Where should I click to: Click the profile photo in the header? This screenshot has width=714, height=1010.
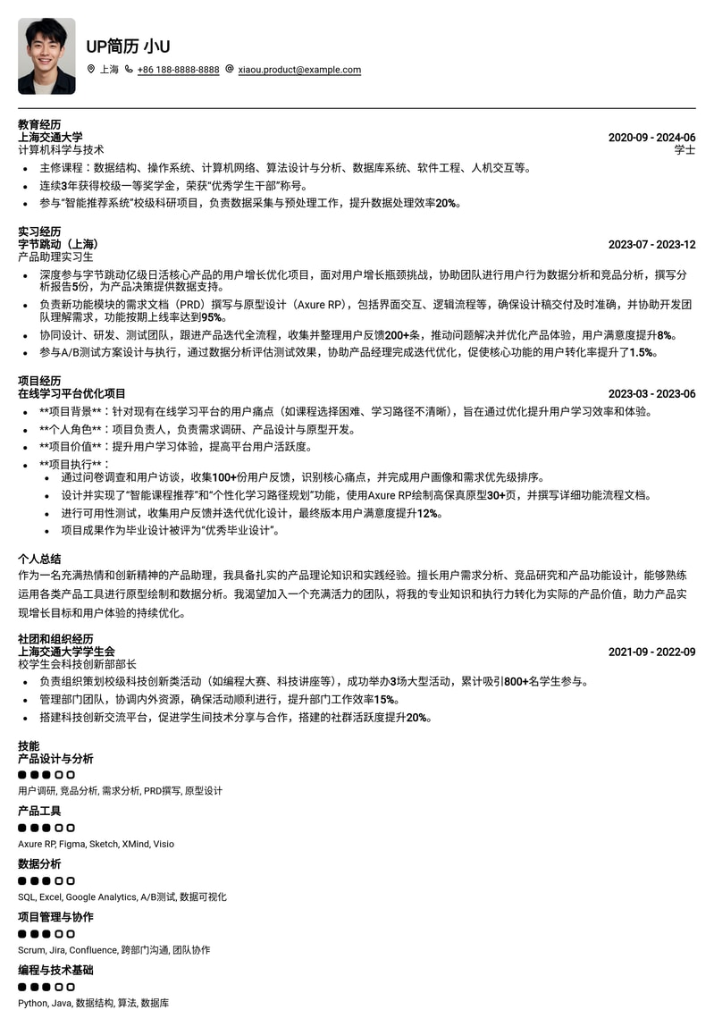(x=46, y=56)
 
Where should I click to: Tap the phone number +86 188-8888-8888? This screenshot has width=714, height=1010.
(x=178, y=70)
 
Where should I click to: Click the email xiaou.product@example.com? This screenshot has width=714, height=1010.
(x=299, y=70)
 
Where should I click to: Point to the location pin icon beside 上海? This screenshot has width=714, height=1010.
(x=91, y=70)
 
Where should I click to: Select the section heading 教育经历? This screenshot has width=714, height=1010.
(x=39, y=124)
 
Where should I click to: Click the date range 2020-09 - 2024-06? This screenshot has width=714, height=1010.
(x=651, y=138)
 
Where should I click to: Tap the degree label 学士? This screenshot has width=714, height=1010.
(x=685, y=150)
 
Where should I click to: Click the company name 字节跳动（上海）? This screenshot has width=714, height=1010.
(x=61, y=244)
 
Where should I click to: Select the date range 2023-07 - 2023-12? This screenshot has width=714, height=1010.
(x=651, y=245)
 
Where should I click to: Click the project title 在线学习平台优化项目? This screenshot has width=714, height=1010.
(x=71, y=393)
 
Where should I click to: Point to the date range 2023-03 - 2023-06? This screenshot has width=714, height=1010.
(x=651, y=394)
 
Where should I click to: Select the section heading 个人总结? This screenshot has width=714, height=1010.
(x=39, y=558)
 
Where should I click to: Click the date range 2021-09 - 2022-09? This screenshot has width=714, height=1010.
(x=651, y=652)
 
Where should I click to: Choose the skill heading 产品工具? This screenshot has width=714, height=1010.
(x=39, y=811)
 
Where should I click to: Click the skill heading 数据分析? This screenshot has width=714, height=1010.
(x=39, y=864)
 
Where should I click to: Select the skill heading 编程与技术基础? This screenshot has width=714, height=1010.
(x=55, y=970)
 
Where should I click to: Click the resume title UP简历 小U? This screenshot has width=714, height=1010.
(x=128, y=46)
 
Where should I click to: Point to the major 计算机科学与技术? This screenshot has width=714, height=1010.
(x=61, y=150)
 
